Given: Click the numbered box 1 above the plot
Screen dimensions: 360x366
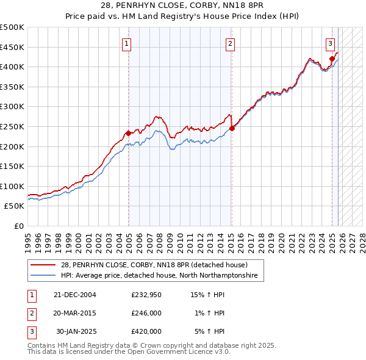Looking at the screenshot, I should pyautogui.click(x=126, y=43).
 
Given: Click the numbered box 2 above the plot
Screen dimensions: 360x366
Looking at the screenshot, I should pyautogui.click(x=230, y=43).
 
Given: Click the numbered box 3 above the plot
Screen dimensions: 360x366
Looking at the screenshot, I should pyautogui.click(x=330, y=43).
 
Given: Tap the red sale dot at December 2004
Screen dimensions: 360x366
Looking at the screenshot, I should pyautogui.click(x=129, y=133).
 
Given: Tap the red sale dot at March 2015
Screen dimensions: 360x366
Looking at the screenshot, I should pyautogui.click(x=232, y=128).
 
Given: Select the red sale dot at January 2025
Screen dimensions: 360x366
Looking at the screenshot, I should pyautogui.click(x=332, y=59).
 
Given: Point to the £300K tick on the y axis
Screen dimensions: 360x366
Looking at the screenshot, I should pyautogui.click(x=12, y=107).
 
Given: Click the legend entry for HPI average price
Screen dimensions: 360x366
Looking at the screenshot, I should pyautogui.click(x=159, y=276).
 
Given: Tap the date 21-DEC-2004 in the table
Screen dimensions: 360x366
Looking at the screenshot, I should pyautogui.click(x=74, y=295).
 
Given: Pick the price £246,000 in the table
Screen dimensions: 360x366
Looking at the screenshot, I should pyautogui.click(x=146, y=313).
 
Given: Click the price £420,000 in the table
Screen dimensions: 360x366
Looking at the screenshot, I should pyautogui.click(x=146, y=331).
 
